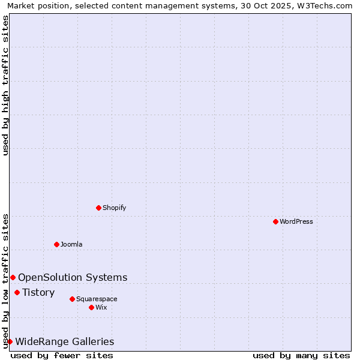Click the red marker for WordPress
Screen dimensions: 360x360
[x=275, y=221]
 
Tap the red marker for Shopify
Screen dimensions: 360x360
[x=98, y=208]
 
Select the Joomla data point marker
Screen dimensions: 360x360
[x=56, y=244]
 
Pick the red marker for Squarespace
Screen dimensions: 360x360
[x=72, y=299]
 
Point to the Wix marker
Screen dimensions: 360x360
[x=91, y=307]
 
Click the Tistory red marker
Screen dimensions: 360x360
[x=17, y=292]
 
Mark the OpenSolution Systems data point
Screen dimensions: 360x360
[x=13, y=277]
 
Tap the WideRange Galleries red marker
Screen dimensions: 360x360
[x=10, y=341]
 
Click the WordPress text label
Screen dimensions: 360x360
[x=296, y=221]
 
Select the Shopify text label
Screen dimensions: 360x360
[x=115, y=208]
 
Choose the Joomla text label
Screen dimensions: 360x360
[x=71, y=244]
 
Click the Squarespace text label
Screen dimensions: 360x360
[x=97, y=299]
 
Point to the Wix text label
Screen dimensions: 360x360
[x=101, y=307]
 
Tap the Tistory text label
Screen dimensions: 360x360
[x=38, y=292]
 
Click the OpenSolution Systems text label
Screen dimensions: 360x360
[x=73, y=277]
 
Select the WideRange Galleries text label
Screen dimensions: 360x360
[x=64, y=341]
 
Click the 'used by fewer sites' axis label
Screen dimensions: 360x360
[x=62, y=355]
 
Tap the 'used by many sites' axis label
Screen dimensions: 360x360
[x=301, y=355]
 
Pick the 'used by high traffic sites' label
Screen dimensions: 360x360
[x=5, y=85]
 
